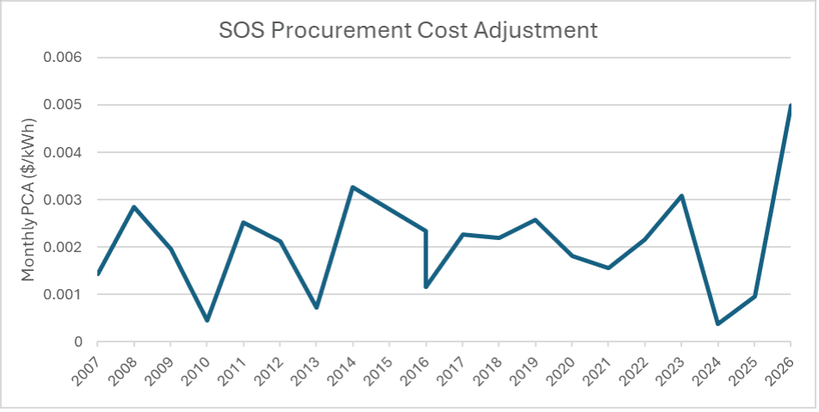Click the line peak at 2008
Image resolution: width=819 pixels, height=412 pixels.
[134, 206]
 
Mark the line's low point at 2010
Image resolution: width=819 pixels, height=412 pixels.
[206, 320]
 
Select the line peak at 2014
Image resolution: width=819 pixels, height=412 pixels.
[353, 187]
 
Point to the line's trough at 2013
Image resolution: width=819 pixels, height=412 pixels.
[317, 307]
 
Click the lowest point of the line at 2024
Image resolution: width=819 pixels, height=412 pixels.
[717, 323]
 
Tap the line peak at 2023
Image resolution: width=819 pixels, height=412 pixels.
[681, 196]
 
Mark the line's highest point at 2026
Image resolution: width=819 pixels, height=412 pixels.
[790, 106]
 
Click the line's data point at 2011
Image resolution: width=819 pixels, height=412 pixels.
[243, 223]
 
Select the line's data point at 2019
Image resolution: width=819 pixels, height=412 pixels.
[535, 219]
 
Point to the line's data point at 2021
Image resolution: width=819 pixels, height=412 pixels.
[608, 267]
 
